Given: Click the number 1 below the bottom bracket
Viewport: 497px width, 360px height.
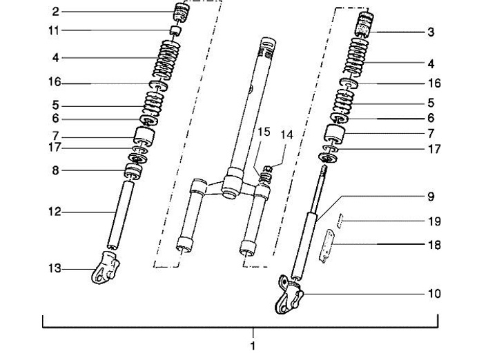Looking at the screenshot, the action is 253,346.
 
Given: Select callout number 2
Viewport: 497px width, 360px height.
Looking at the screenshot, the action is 55,12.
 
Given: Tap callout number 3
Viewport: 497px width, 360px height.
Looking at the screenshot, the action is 431,32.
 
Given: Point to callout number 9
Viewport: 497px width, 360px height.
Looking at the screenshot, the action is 431,197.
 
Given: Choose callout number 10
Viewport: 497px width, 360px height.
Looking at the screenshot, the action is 435,294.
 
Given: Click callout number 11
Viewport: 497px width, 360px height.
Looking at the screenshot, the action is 54,31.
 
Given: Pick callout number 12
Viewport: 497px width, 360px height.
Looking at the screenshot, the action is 55,212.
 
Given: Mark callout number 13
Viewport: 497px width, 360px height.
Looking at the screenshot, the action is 55,268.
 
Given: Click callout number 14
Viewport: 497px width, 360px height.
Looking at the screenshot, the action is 286,135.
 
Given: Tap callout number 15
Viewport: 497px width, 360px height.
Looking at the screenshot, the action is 264,132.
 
